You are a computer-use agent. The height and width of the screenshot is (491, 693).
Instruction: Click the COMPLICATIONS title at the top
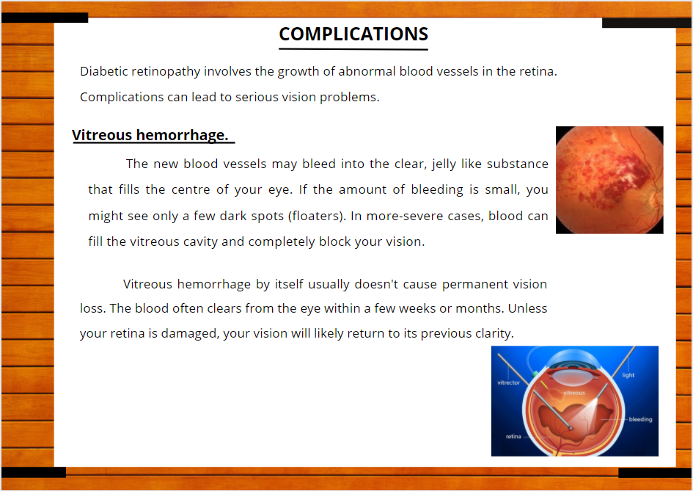pos(353,34)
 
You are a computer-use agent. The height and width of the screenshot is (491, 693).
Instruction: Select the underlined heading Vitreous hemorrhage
pos(150,135)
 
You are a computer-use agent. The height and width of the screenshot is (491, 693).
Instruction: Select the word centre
pos(191,190)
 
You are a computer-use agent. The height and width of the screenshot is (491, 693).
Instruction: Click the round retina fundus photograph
pos(609,180)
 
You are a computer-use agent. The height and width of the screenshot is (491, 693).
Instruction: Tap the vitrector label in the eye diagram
pos(509,382)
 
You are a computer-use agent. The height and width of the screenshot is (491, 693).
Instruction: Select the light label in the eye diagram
pos(628,375)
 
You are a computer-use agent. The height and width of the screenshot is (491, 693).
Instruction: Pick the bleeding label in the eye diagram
pos(640,419)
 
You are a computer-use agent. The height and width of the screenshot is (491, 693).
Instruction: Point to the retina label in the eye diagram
pos(513,437)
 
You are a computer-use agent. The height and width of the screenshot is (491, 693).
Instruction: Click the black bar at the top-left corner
pos(45,18)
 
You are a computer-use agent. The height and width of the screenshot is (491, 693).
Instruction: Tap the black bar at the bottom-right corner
pos(655,473)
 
